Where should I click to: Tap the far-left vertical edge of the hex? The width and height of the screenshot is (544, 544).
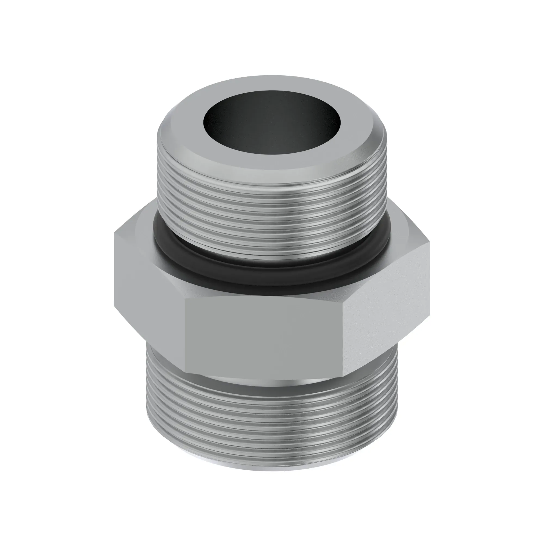115,270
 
